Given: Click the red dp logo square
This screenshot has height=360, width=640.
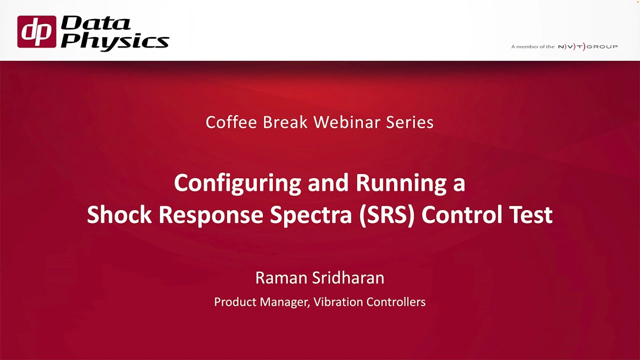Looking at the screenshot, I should pos(36,31).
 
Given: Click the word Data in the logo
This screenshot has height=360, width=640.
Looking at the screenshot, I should pos(95,23).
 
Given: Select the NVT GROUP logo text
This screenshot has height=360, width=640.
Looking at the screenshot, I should pos(587,46).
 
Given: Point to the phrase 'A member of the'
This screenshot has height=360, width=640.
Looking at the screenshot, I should pos(532,46).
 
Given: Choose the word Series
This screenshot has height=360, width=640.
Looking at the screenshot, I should pos(409,122).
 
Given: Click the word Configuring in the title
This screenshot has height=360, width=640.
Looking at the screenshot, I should pos(237,183).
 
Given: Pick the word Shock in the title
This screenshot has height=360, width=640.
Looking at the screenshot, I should pos(119,214).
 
